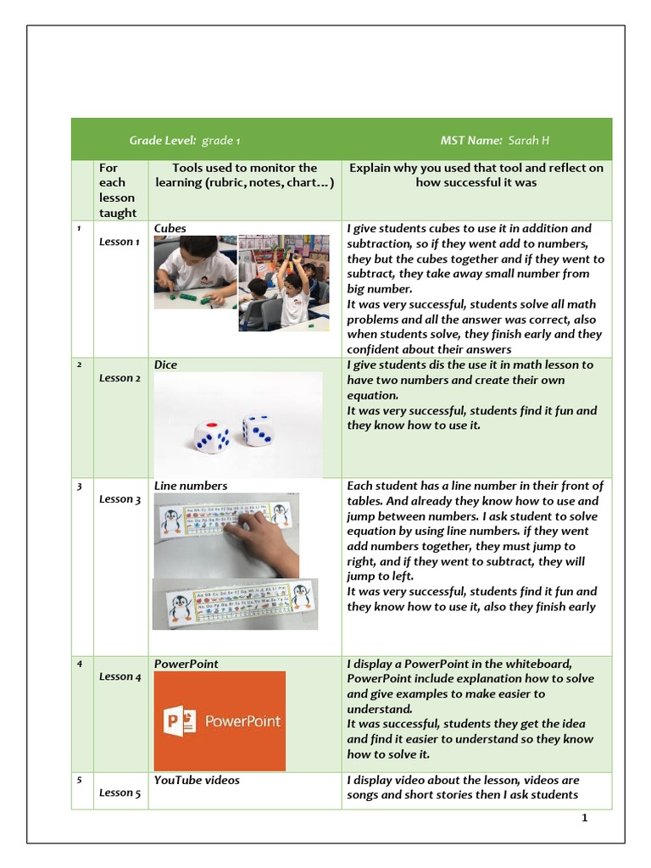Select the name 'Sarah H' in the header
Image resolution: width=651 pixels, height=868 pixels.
[x=529, y=140]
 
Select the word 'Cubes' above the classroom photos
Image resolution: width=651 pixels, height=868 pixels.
[x=170, y=228]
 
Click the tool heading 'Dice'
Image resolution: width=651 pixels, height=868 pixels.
[x=165, y=364]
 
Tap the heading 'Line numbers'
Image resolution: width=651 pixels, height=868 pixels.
[x=191, y=486]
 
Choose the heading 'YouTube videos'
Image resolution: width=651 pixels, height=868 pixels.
[x=197, y=780]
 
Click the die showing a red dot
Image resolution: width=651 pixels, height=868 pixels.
[x=211, y=437]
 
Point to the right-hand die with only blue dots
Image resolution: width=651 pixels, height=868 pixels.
[x=257, y=430]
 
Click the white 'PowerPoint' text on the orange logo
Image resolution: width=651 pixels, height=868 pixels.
[x=242, y=722]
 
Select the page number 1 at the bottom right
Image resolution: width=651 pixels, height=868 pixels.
[x=584, y=818]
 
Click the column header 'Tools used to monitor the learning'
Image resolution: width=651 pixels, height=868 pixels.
[x=244, y=175]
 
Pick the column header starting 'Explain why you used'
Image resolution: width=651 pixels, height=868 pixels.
[x=476, y=175]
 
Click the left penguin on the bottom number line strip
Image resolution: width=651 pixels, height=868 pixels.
[x=180, y=607]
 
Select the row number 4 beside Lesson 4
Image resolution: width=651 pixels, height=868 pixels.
[x=79, y=663]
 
